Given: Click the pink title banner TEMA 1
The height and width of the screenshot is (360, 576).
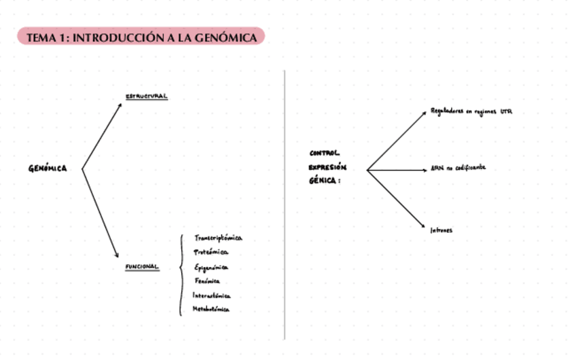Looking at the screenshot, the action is (141, 37).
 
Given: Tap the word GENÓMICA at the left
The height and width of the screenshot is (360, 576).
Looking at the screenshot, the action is (48, 169).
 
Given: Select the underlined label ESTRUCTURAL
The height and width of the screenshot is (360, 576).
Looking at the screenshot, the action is (147, 96).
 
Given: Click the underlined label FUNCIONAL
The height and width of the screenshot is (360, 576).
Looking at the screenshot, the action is (142, 267).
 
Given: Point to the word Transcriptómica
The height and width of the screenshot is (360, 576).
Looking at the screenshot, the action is (218, 238).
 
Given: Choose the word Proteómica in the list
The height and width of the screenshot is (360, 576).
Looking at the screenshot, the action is (211, 253).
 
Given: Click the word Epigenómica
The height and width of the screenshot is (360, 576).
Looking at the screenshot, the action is (211, 268).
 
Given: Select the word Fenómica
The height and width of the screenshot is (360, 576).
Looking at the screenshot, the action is (206, 281).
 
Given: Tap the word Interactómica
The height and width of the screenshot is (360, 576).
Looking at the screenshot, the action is (212, 295).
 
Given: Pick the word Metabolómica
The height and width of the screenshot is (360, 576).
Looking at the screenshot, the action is (211, 310).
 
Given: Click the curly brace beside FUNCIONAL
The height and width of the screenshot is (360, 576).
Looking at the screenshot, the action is (181, 274).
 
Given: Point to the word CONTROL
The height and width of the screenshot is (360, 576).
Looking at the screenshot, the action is (324, 154).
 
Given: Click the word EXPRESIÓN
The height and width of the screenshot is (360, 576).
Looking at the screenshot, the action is (327, 167).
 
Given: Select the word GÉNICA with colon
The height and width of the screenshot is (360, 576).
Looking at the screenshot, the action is (325, 181).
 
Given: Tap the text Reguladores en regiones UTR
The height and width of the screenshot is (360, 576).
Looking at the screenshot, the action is (471, 111).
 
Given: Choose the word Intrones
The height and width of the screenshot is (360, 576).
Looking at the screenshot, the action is (442, 230).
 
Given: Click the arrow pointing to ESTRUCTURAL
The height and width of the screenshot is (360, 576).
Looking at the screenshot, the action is (102, 136).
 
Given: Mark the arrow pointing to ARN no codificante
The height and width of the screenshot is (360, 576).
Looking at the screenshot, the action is (397, 170).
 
